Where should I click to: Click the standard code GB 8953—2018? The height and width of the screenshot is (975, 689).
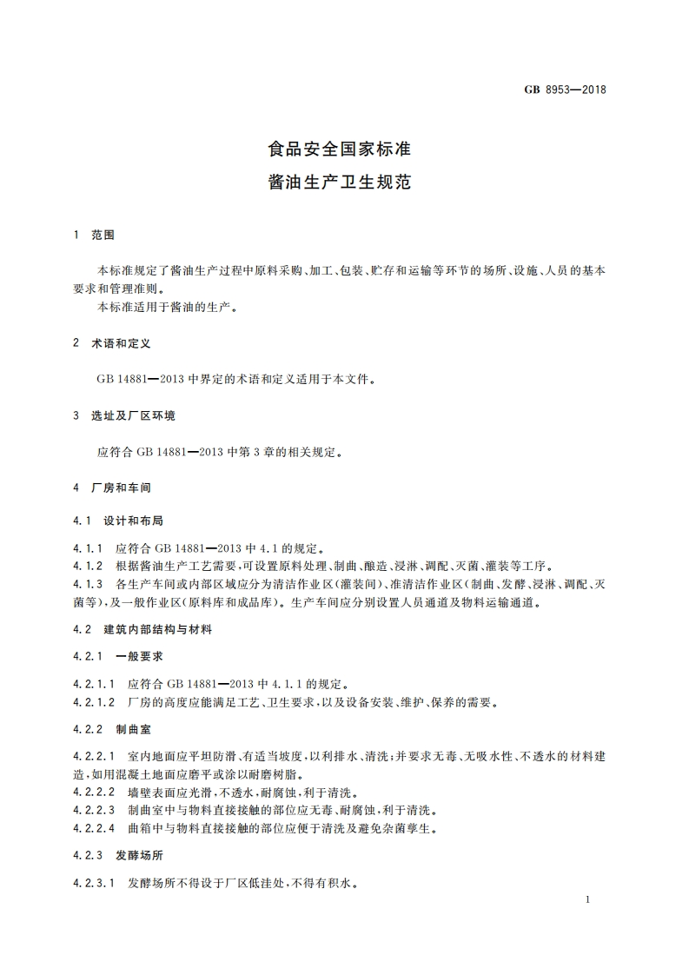[565, 89]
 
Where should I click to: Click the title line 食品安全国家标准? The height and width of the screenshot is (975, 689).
[339, 149]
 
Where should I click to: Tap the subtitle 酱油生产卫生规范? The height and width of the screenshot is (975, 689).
[339, 183]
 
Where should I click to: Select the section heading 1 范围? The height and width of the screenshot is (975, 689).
[95, 235]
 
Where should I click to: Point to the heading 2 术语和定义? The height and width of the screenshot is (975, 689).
[113, 344]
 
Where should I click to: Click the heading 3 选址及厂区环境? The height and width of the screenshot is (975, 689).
[125, 416]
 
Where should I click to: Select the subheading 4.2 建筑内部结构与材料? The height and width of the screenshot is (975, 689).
[143, 629]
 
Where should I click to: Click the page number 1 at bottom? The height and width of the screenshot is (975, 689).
[588, 899]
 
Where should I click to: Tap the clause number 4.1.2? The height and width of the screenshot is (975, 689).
[88, 566]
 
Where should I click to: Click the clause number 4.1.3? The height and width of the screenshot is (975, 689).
[88, 583]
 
